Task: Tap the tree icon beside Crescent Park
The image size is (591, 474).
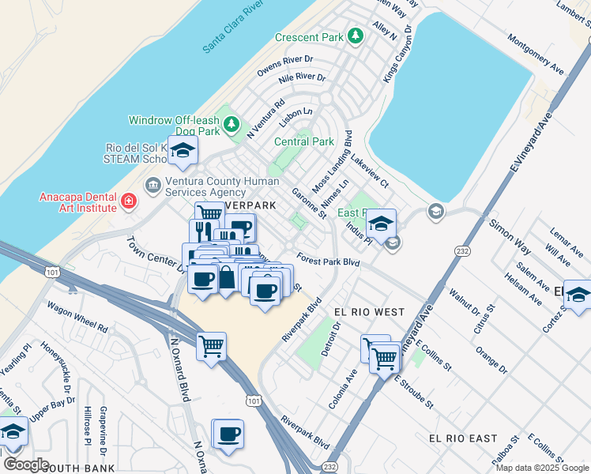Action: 356,36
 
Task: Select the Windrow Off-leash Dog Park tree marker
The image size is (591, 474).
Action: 231,124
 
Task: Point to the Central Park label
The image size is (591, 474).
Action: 304,142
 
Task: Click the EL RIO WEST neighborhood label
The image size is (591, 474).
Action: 368,313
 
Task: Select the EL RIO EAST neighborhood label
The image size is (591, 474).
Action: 463,438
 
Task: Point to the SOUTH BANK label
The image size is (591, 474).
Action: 72,468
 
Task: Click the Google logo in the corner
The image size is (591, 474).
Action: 26,465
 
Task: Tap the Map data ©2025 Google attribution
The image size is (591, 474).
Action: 542,468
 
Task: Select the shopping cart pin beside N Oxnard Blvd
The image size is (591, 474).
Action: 211,346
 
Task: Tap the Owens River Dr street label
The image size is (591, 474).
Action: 285,60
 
